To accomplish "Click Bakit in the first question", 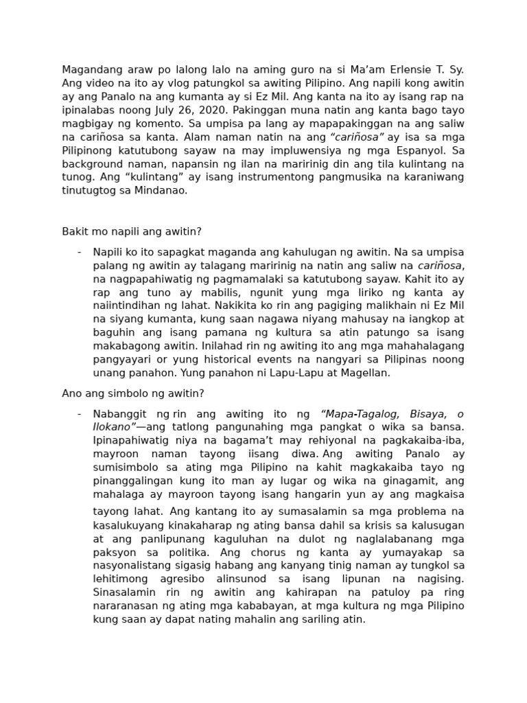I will [74, 232].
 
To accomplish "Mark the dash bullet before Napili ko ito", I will [80, 252].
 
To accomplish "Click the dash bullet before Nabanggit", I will [80, 414].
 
